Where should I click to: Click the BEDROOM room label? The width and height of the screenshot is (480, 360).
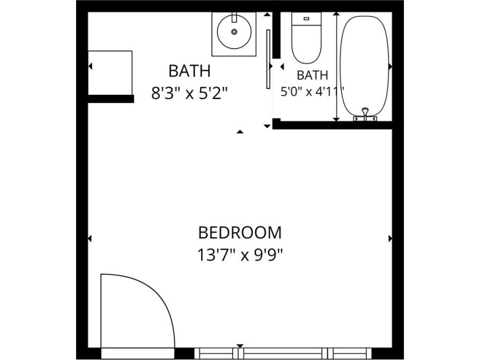pyautogui.click(x=239, y=233)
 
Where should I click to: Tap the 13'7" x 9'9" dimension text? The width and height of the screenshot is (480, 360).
pyautogui.click(x=239, y=255)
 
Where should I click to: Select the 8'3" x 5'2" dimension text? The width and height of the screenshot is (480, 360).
pyautogui.click(x=190, y=93)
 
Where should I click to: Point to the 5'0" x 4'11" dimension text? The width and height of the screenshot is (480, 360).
pyautogui.click(x=312, y=91)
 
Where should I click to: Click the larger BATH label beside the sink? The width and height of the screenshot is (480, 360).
pyautogui.click(x=190, y=71)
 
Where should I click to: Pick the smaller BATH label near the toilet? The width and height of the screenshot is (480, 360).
pyautogui.click(x=312, y=75)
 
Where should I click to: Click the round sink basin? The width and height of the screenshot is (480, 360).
pyautogui.click(x=234, y=31)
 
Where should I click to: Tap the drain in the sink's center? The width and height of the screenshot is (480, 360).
pyautogui.click(x=234, y=31)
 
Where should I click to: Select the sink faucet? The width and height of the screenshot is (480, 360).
pyautogui.click(x=234, y=17)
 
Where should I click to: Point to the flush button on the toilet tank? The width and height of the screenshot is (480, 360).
pyautogui.click(x=306, y=19)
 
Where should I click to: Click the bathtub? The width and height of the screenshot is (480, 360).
pyautogui.click(x=365, y=66)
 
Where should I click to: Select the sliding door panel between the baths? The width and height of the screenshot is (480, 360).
pyautogui.click(x=268, y=59)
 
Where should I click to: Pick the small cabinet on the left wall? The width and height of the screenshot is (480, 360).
pyautogui.click(x=110, y=73)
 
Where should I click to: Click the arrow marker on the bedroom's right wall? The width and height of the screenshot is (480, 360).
pyautogui.click(x=390, y=238)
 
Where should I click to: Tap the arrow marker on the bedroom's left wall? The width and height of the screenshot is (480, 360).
pyautogui.click(x=90, y=238)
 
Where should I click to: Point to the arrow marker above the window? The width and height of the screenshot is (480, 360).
pyautogui.click(x=240, y=346)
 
